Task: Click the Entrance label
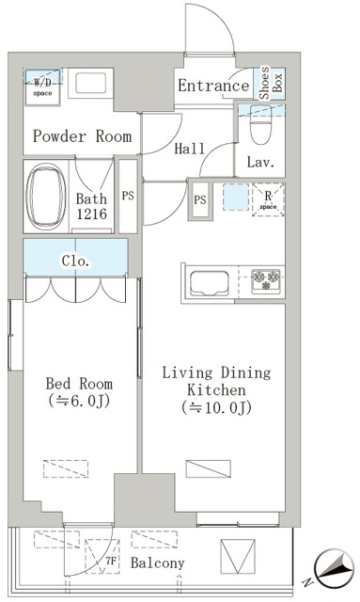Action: pos(213,87)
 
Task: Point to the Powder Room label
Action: pos(83,136)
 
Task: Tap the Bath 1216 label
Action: pos(91,206)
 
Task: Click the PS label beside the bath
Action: pos(128,198)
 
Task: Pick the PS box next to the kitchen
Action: pos(200,199)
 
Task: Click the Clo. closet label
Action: pos(75,261)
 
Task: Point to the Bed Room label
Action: pos(80,391)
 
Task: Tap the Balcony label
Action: pos(157,563)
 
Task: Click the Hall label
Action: pos(191,149)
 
